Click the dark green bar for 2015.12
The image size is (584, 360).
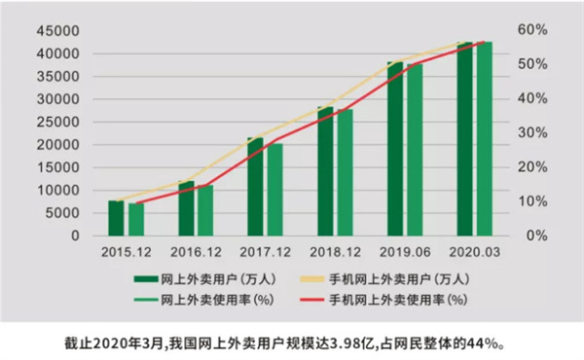[x=116, y=218]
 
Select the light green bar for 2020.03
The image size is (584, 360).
[x=484, y=138]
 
